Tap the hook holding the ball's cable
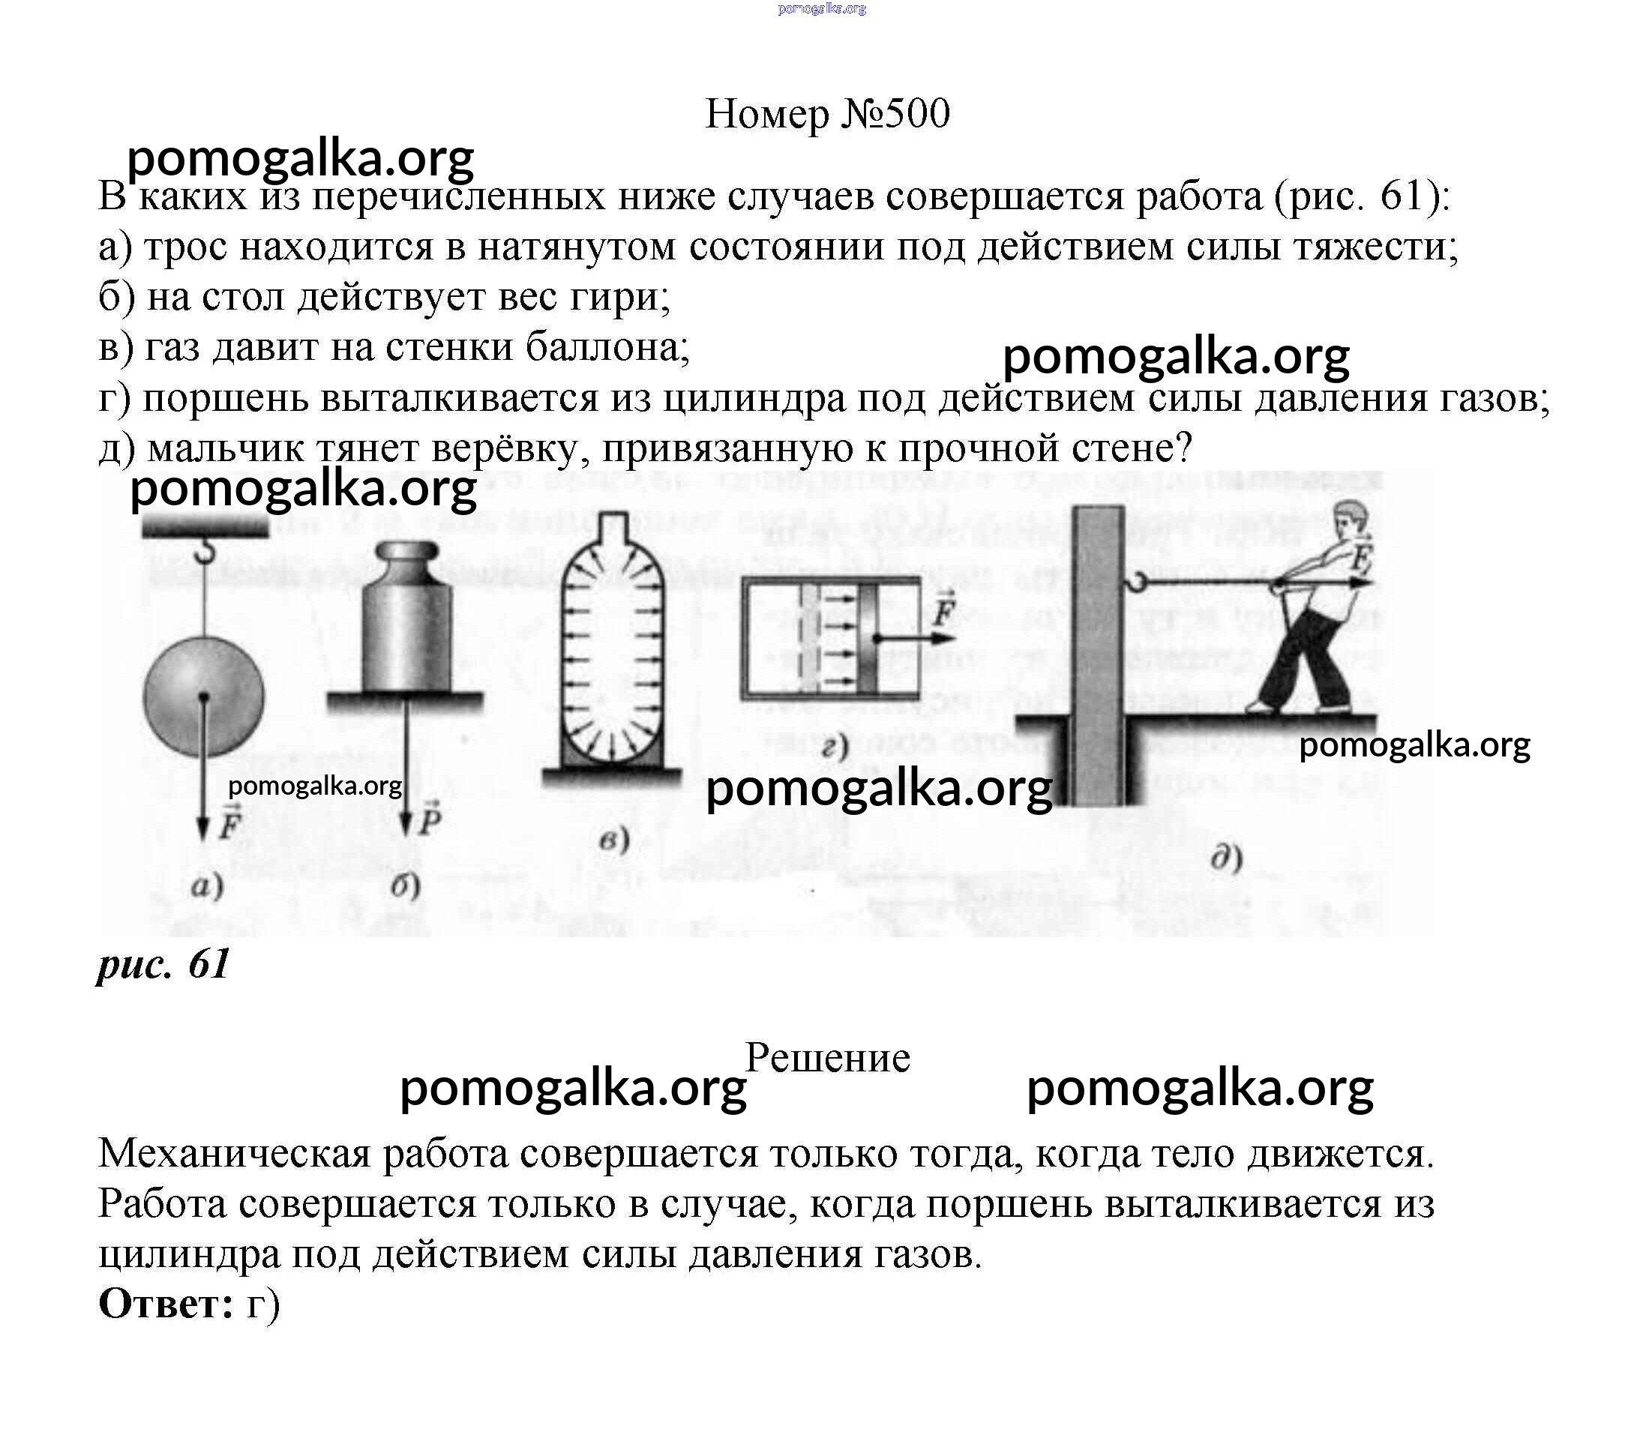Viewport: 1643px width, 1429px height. pos(206,550)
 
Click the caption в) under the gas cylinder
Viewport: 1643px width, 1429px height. pos(613,840)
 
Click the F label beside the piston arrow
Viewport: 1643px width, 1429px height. pos(944,611)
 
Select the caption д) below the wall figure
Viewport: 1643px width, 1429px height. pos(1227,859)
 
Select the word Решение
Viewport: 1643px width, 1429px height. pos(827,1058)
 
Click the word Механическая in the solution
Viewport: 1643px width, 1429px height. pos(235,1154)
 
